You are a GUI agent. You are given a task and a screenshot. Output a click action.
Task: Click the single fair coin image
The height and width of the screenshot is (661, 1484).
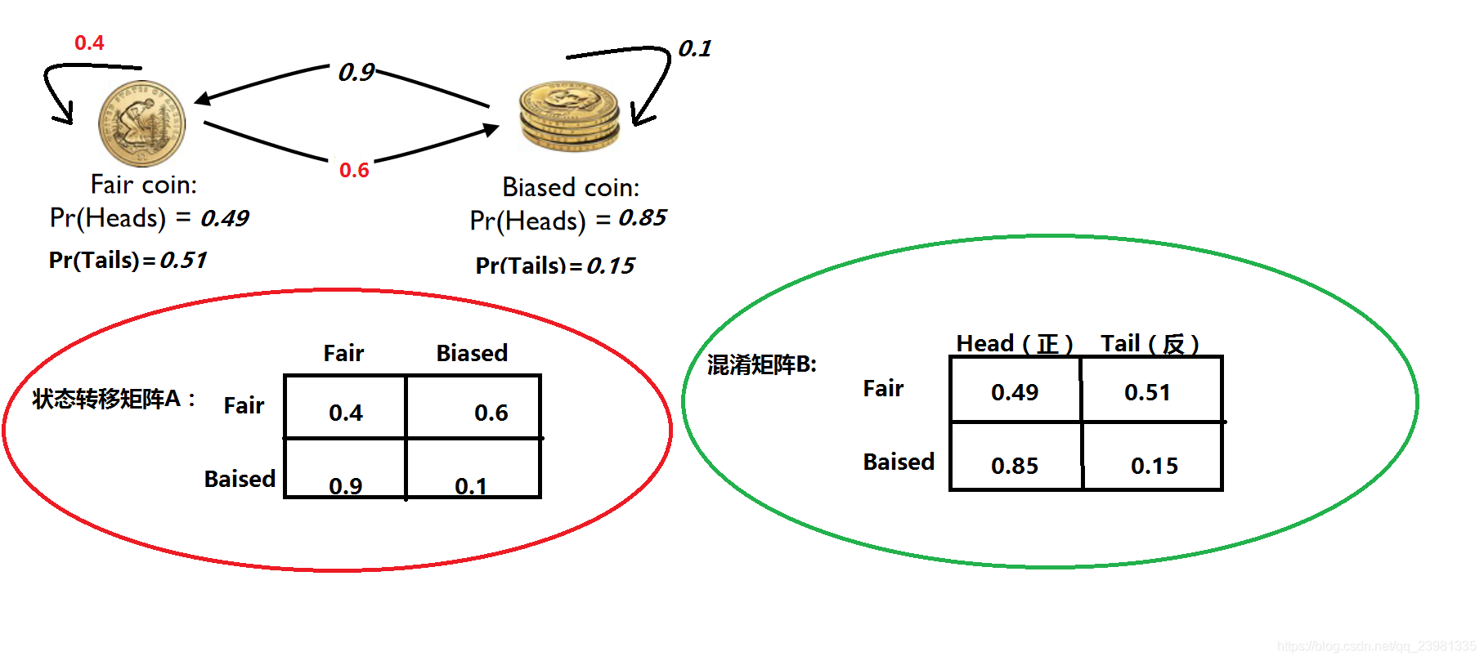[141, 123]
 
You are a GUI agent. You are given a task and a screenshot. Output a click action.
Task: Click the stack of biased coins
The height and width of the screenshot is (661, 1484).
[569, 115]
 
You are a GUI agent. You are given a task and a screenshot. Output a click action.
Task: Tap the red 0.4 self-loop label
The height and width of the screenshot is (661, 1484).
[89, 42]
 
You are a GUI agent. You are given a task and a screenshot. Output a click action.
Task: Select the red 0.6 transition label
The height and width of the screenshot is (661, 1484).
[354, 170]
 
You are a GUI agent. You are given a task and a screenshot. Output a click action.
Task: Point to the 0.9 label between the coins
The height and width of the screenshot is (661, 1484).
[356, 73]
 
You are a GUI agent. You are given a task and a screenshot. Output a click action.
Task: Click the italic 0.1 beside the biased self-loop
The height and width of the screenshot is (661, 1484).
[694, 49]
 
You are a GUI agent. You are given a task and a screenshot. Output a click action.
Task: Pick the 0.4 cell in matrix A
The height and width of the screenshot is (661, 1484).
[345, 412]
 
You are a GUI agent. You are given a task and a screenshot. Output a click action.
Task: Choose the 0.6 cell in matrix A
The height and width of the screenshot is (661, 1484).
[491, 412]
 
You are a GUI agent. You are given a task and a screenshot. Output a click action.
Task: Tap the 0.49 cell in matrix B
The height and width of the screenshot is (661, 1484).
[1014, 392]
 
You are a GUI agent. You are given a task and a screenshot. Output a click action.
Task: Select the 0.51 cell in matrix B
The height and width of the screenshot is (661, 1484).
[1147, 392]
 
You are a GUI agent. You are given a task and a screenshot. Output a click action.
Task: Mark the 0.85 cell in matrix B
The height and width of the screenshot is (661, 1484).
[1014, 465]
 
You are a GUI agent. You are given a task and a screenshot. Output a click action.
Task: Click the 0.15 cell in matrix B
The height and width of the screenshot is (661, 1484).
[1154, 465]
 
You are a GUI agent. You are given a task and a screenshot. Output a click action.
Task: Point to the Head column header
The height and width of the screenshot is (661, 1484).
[1014, 344]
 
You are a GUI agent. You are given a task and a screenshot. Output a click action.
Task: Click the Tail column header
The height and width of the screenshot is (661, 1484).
[1149, 344]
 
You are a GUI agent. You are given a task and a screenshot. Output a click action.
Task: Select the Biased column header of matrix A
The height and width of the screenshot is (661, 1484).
[472, 353]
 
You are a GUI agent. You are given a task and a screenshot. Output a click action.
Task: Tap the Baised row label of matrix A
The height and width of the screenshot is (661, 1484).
[240, 479]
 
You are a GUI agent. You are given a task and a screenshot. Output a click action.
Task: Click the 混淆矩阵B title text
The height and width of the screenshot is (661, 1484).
[761, 364]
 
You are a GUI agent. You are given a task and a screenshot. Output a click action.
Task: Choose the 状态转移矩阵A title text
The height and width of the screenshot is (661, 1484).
[113, 399]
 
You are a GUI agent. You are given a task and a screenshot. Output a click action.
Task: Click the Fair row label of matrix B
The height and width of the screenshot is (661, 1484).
[883, 388]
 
